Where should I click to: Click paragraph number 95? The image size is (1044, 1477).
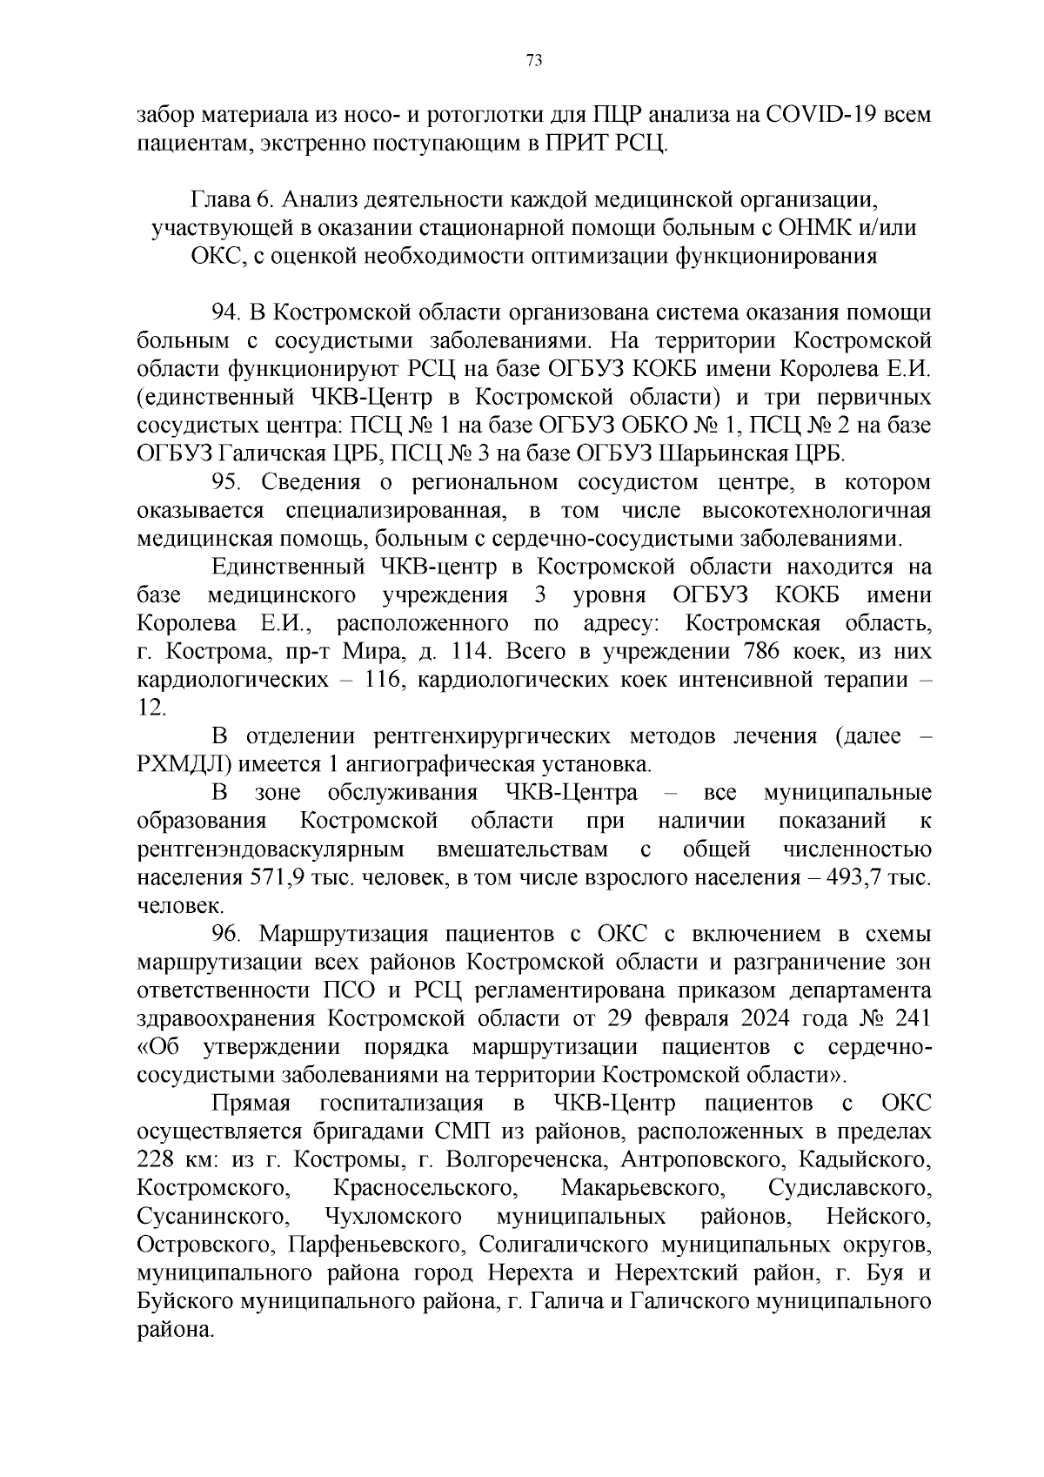[x=227, y=482]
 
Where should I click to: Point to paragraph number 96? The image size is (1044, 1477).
[x=227, y=934]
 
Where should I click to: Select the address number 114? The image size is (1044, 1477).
[x=472, y=651]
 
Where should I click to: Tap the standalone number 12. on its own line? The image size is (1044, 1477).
[x=151, y=708]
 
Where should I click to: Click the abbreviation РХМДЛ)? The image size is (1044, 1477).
[x=184, y=764]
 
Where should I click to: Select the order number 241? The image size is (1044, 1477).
[x=908, y=1018]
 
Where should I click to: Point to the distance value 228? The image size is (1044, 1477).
[x=157, y=1160]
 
